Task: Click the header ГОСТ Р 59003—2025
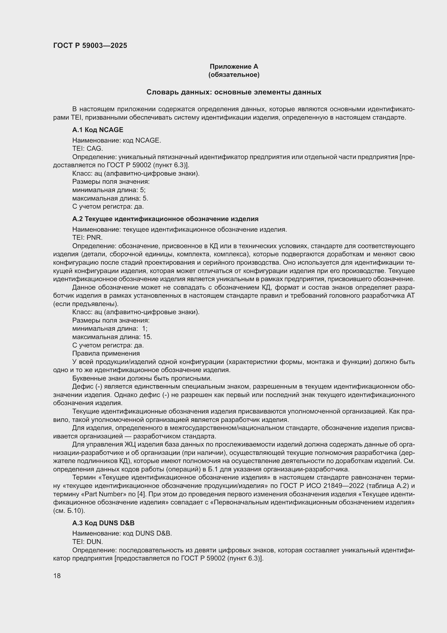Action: coord(90,46)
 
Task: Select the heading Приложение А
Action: coord(234,67)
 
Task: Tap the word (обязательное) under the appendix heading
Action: coord(234,75)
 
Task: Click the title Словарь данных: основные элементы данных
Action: coord(234,92)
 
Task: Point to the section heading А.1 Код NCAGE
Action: coord(98,130)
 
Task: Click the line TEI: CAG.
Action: coord(88,149)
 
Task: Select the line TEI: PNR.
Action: coord(87,238)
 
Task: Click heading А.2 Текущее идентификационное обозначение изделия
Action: coord(165,219)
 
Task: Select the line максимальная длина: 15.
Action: coord(112,337)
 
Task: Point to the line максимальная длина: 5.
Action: coord(110,198)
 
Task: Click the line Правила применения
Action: coord(106,353)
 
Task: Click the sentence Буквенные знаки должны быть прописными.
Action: coord(142,378)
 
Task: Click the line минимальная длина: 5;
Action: coord(109,190)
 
